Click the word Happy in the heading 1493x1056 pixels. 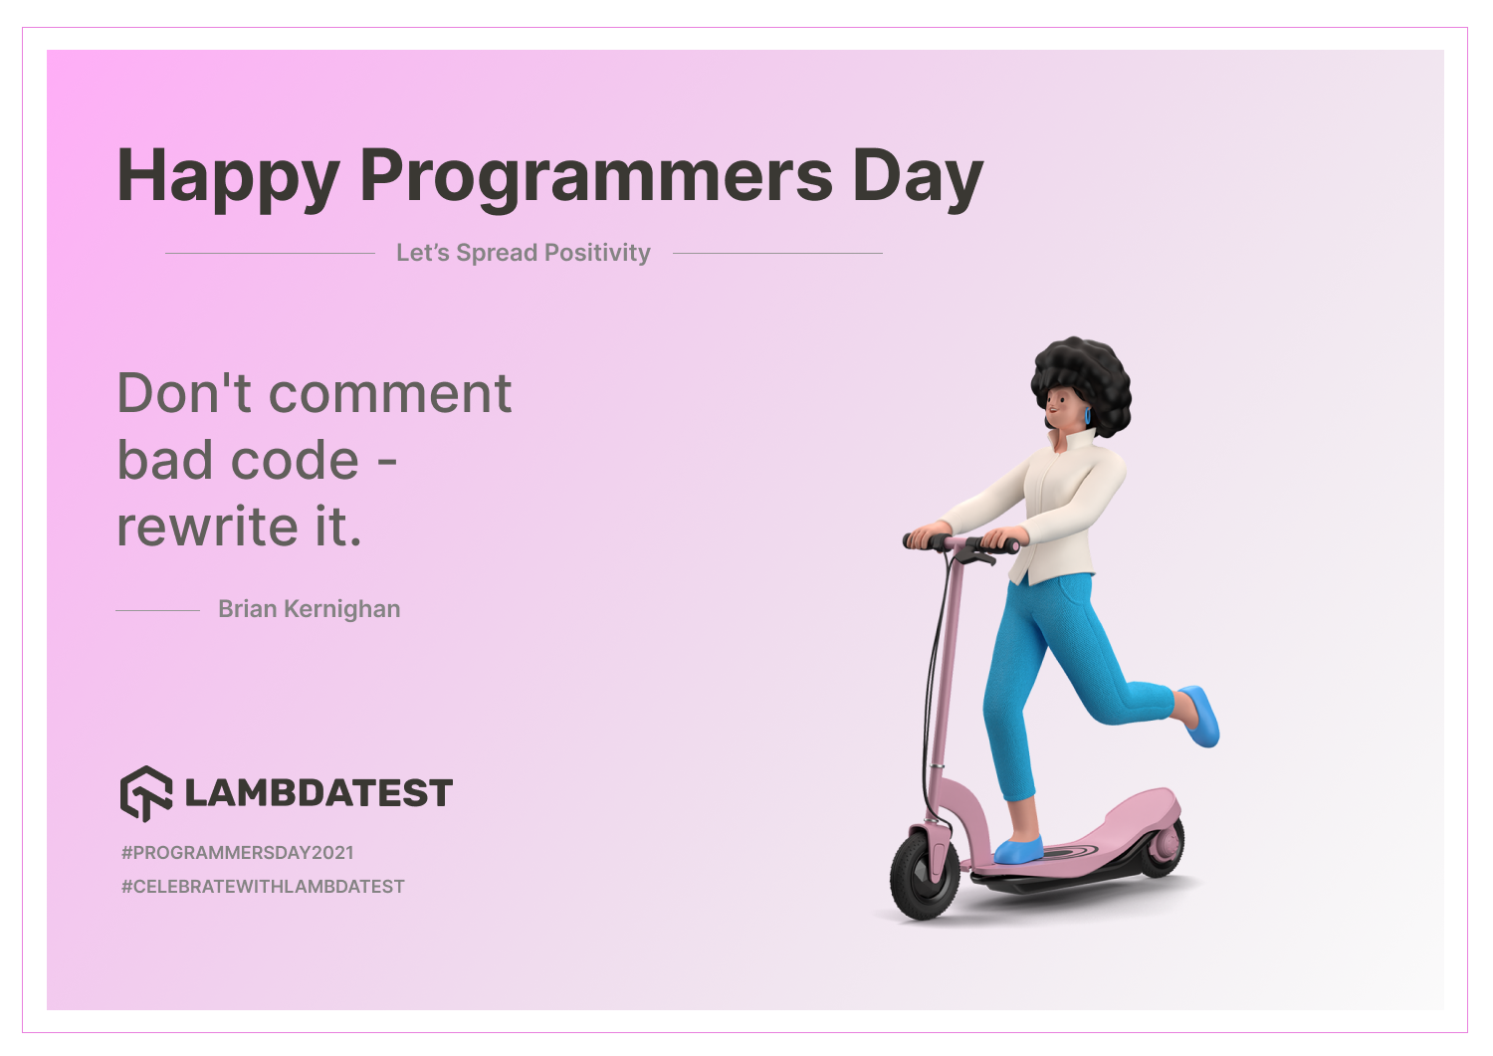[229, 178]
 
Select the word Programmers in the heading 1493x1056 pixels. [596, 178]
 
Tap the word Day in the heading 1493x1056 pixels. [918, 178]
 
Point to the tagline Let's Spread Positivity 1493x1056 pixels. [524, 253]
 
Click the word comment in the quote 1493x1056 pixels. [390, 394]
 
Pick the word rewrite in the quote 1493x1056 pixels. [207, 527]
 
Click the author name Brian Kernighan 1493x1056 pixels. [310, 609]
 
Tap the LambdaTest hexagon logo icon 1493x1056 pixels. [146, 793]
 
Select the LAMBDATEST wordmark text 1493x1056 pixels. [319, 792]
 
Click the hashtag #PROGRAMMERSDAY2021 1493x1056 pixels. [237, 853]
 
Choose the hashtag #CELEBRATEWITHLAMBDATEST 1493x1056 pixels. [263, 887]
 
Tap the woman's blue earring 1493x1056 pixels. [1087, 417]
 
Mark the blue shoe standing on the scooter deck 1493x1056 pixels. [1018, 850]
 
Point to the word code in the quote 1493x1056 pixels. [295, 461]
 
